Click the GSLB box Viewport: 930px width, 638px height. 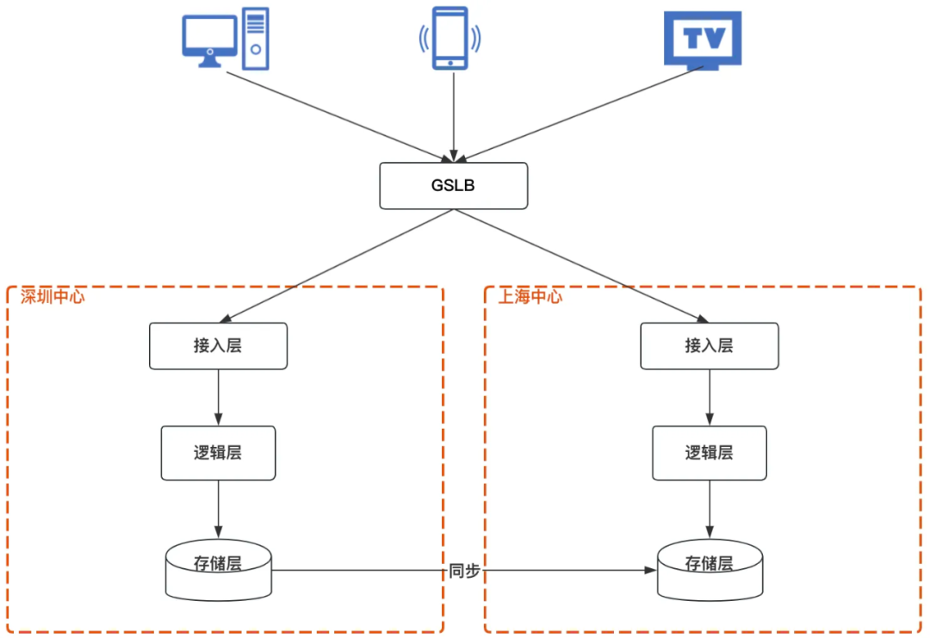point(453,185)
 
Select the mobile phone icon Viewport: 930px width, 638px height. point(450,38)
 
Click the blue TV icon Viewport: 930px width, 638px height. point(703,40)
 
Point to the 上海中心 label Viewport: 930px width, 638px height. point(530,297)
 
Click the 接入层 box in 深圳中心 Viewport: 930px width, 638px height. point(218,346)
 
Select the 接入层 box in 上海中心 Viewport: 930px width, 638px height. point(710,346)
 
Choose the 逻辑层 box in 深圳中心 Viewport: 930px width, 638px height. point(218,453)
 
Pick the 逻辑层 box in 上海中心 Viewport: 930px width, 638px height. point(710,453)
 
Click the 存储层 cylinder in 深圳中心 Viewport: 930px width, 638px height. point(218,569)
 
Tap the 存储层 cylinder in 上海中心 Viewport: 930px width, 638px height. point(710,569)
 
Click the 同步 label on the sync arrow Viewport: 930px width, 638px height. point(464,572)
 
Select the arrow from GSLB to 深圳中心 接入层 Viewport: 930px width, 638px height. point(336,266)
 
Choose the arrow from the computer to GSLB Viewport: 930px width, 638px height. point(336,115)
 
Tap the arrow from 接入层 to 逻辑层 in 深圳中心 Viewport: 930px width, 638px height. point(218,398)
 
